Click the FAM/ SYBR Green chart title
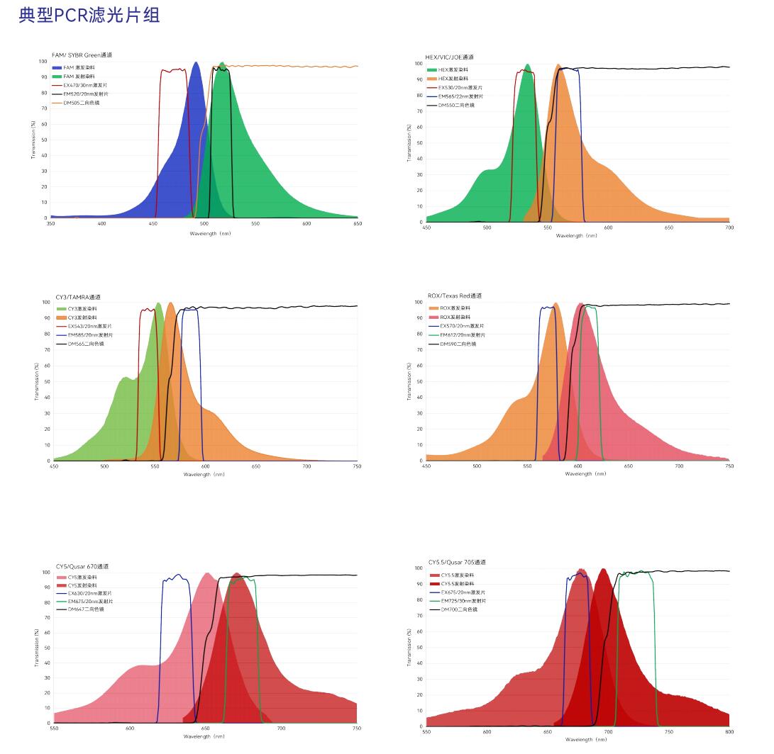(x=82, y=55)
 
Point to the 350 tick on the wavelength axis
(x=50, y=224)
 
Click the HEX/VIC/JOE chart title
(x=449, y=57)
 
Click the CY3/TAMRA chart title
(x=78, y=297)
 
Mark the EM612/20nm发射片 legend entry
(x=461, y=335)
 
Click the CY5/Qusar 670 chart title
(x=82, y=566)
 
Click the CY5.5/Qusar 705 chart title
(x=457, y=562)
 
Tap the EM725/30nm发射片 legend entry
(x=462, y=601)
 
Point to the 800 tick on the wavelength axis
(x=729, y=732)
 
